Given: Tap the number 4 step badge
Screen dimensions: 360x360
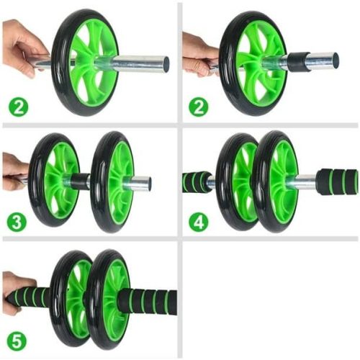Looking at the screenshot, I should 199,221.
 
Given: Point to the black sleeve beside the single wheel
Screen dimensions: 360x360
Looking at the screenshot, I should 294,62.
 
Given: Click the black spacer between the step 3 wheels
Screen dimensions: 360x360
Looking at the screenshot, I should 81,181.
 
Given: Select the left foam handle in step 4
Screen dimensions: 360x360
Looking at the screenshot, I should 194,181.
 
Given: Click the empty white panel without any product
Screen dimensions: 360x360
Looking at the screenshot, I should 270,299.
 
